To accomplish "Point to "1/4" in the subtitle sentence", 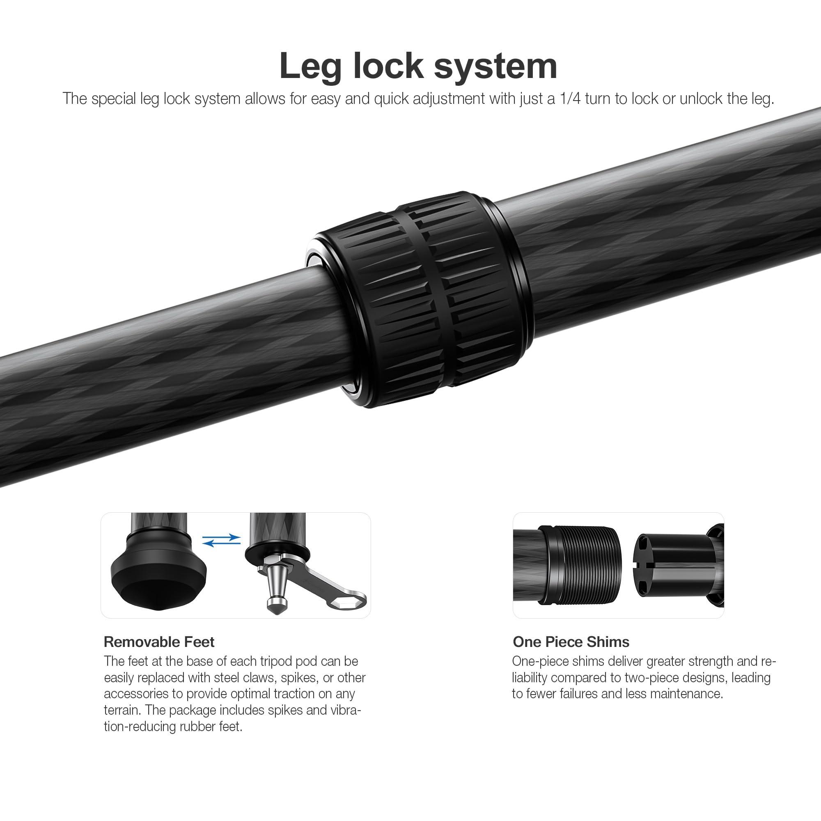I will click(x=570, y=99).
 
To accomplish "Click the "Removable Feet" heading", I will click(x=159, y=642).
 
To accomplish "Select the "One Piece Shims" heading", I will click(x=571, y=642).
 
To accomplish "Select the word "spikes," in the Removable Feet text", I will click(x=299, y=677).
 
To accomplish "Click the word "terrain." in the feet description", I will click(x=123, y=710).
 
